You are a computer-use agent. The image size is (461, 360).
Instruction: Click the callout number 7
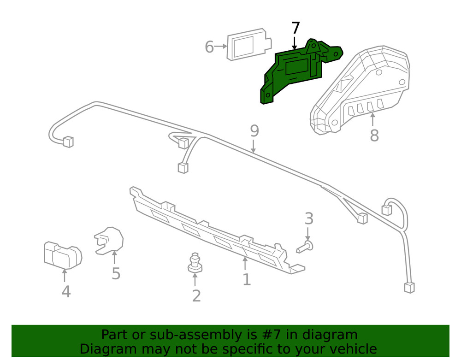click(296, 29)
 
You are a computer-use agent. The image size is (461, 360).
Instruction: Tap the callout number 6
click(209, 47)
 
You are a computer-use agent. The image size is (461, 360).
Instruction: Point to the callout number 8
click(374, 136)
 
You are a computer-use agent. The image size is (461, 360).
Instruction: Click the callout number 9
click(254, 131)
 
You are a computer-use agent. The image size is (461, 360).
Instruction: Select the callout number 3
click(309, 218)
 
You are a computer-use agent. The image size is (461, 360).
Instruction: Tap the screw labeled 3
click(304, 248)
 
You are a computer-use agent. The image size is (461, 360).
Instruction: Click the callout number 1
click(247, 279)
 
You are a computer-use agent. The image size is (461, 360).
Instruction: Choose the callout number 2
click(196, 296)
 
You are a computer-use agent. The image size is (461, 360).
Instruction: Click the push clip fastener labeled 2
click(196, 262)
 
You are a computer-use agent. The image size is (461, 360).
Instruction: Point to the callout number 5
click(116, 274)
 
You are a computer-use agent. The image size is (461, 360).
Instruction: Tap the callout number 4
click(66, 291)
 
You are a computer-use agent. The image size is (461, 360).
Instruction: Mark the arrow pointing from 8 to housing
click(372, 120)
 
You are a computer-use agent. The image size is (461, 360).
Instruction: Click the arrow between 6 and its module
click(222, 46)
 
